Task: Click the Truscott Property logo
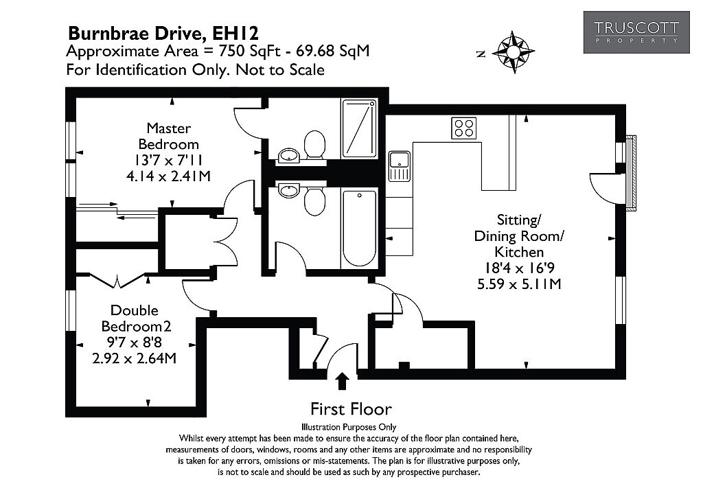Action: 636,32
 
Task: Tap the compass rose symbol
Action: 513,52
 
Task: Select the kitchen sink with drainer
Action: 399,166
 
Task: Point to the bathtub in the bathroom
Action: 359,228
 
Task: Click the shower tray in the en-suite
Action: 358,128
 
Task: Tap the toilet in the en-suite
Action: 314,144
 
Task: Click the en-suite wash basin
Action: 289,156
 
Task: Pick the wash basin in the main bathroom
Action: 289,190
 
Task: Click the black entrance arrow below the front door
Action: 343,380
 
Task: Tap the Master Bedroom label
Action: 169,136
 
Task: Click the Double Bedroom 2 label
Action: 135,319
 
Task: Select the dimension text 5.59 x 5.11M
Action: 519,284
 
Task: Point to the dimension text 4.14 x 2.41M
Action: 169,176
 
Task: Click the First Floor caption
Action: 351,409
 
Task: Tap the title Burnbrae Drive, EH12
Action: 163,33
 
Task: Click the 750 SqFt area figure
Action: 249,51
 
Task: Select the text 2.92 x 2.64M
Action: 135,358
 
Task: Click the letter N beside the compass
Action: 481,54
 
